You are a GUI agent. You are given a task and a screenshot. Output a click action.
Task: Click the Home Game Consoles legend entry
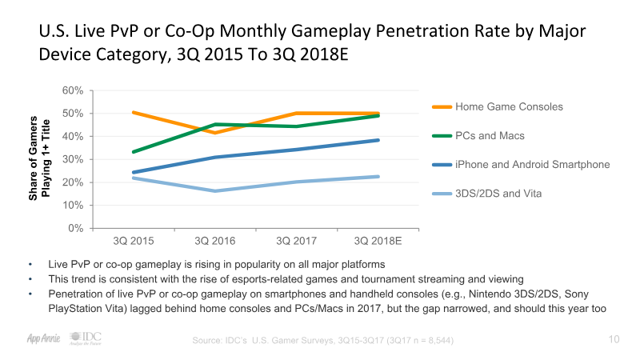[x=509, y=106]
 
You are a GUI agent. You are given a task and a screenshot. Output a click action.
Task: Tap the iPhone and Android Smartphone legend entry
[x=532, y=164]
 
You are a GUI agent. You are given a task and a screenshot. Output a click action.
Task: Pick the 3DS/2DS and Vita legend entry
[x=498, y=193]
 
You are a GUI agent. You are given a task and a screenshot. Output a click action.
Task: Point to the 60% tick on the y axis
[x=73, y=90]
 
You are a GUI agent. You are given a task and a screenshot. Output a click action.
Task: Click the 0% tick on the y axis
[x=76, y=228]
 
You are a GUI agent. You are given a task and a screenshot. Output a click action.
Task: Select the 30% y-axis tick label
[x=73, y=159]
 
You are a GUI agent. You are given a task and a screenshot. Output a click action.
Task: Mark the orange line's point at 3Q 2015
[x=134, y=113]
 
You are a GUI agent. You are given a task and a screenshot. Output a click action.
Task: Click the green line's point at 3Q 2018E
[x=378, y=116]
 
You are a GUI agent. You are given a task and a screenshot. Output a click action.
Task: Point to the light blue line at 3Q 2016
[x=214, y=190]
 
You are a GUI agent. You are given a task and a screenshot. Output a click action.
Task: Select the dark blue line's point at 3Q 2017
[x=296, y=150]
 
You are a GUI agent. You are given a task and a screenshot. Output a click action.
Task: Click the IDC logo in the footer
[x=86, y=338]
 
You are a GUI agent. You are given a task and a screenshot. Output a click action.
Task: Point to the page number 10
[x=614, y=339]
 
